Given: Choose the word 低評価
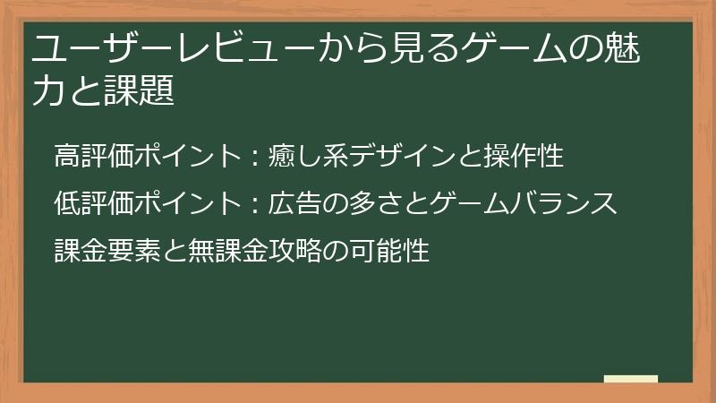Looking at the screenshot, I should [93, 203].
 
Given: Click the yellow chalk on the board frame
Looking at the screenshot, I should [630, 379].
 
